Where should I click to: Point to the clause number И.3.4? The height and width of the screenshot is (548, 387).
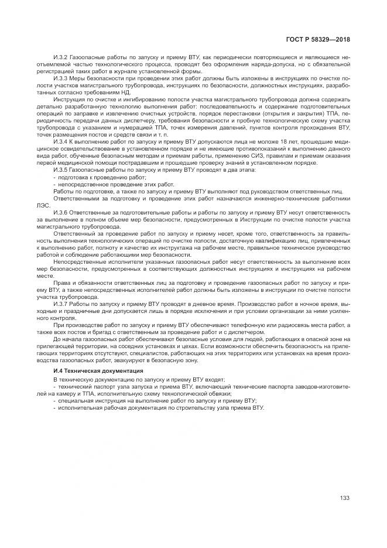coord(61,142)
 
